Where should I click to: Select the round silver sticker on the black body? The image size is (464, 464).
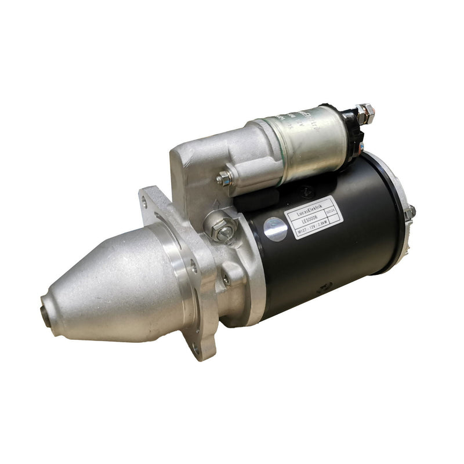pyautogui.click(x=275, y=229)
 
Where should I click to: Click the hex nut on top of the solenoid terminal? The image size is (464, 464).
pyautogui.click(x=365, y=110)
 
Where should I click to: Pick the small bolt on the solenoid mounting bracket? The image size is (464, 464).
pyautogui.click(x=224, y=177)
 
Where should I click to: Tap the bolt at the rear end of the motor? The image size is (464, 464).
pyautogui.click(x=409, y=212)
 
